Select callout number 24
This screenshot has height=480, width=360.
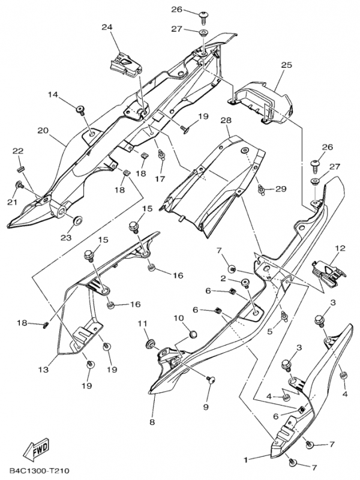click(107, 27)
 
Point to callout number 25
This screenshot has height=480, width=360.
click(286, 64)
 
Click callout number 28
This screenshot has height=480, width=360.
click(226, 121)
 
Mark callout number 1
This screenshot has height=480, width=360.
click(245, 460)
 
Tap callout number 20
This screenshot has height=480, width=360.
click(43, 130)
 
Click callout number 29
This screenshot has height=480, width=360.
click(281, 190)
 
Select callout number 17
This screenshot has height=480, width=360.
click(160, 179)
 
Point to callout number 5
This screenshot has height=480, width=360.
click(271, 329)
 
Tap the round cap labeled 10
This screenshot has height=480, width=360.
click(193, 332)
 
